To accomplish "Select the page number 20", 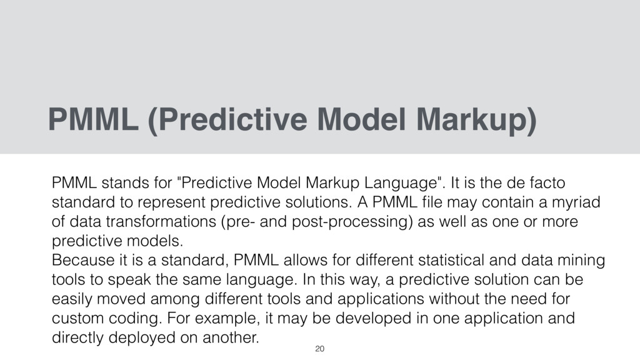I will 320,347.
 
